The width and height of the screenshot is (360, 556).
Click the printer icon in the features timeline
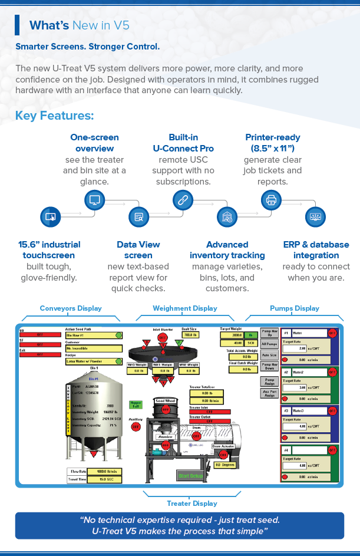(271, 200)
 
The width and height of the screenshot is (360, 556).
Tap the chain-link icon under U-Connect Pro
(183, 200)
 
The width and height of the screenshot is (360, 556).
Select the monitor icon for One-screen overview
(94, 200)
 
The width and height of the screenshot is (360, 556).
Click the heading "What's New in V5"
(80, 25)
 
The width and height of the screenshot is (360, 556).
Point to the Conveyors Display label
(71, 308)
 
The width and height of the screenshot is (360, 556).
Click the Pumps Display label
(295, 308)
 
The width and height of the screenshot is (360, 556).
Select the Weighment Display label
(184, 308)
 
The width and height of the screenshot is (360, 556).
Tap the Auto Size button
(270, 356)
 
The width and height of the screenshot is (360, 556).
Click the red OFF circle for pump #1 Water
(332, 333)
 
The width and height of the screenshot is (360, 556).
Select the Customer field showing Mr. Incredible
(93, 348)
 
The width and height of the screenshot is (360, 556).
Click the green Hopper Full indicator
(136, 405)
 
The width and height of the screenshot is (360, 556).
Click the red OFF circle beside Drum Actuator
(223, 455)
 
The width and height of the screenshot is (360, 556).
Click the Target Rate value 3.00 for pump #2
(293, 387)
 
